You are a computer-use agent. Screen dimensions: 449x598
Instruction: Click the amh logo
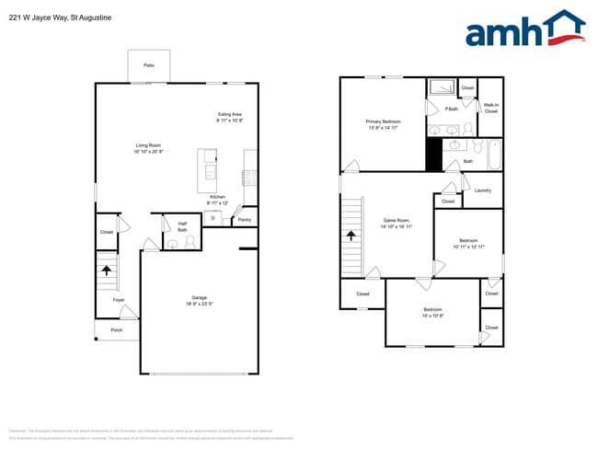click(524, 29)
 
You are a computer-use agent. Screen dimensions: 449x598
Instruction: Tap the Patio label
click(148, 65)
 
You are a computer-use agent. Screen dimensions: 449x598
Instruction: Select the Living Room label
click(148, 148)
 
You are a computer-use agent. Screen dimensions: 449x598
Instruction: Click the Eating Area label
click(229, 117)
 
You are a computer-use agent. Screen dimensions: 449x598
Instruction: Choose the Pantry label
click(244, 220)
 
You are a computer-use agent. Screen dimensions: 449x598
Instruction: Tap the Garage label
click(199, 300)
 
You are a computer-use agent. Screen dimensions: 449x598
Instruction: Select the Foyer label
click(119, 300)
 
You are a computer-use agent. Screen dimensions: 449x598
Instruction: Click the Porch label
click(117, 329)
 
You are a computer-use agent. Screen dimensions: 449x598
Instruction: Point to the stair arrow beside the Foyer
click(107, 271)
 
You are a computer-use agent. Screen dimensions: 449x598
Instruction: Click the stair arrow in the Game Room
click(351, 236)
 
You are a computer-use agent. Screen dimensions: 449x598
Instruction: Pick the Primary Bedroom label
click(383, 124)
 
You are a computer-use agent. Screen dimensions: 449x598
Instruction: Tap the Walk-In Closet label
click(491, 109)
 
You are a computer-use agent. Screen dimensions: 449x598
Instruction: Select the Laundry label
click(484, 190)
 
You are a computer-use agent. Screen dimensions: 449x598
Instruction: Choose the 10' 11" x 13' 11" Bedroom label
click(468, 244)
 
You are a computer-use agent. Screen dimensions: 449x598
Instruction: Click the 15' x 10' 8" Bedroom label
click(432, 312)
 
